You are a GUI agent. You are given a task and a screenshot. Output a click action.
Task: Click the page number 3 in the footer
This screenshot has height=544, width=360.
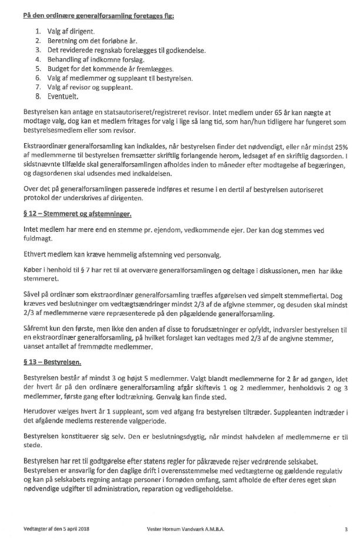(346, 529)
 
